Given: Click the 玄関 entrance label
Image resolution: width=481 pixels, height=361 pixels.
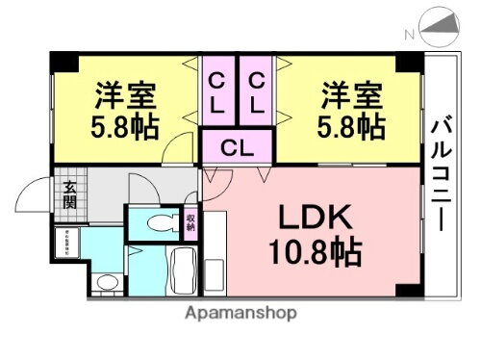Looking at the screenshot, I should (x=70, y=194).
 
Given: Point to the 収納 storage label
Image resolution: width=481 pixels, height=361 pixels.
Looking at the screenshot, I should (x=190, y=223).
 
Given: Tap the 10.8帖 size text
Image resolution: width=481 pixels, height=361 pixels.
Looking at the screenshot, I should (x=315, y=253).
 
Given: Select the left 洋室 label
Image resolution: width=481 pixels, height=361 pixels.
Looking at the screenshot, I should (x=126, y=96).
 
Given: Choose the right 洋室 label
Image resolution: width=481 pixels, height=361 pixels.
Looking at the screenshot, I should (x=352, y=96).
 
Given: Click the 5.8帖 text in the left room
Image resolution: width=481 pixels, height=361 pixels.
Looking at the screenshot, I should (x=126, y=127).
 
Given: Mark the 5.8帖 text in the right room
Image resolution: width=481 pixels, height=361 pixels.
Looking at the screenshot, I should (x=352, y=127).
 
